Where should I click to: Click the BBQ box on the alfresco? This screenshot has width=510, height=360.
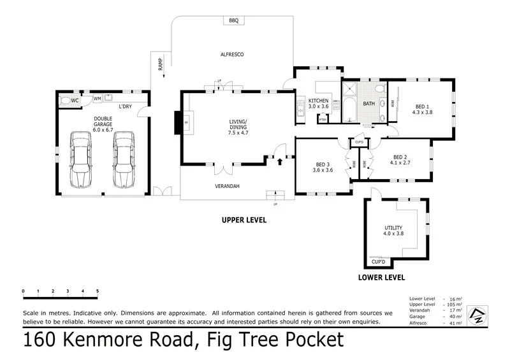pos(234,20)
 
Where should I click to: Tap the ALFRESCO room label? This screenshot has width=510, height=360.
pos(233,55)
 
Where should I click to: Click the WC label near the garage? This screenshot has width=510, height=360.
pos(75,101)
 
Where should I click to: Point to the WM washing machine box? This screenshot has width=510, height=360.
pos(97,99)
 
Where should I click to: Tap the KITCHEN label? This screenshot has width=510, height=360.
pos(319,101)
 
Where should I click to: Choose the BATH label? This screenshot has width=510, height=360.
pos(369,103)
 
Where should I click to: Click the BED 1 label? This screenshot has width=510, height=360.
pos(423,106)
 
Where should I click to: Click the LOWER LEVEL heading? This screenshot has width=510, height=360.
pos(382,278)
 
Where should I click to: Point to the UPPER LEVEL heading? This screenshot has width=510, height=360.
pos(244,220)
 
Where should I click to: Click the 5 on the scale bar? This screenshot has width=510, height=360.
pos(98,291)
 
